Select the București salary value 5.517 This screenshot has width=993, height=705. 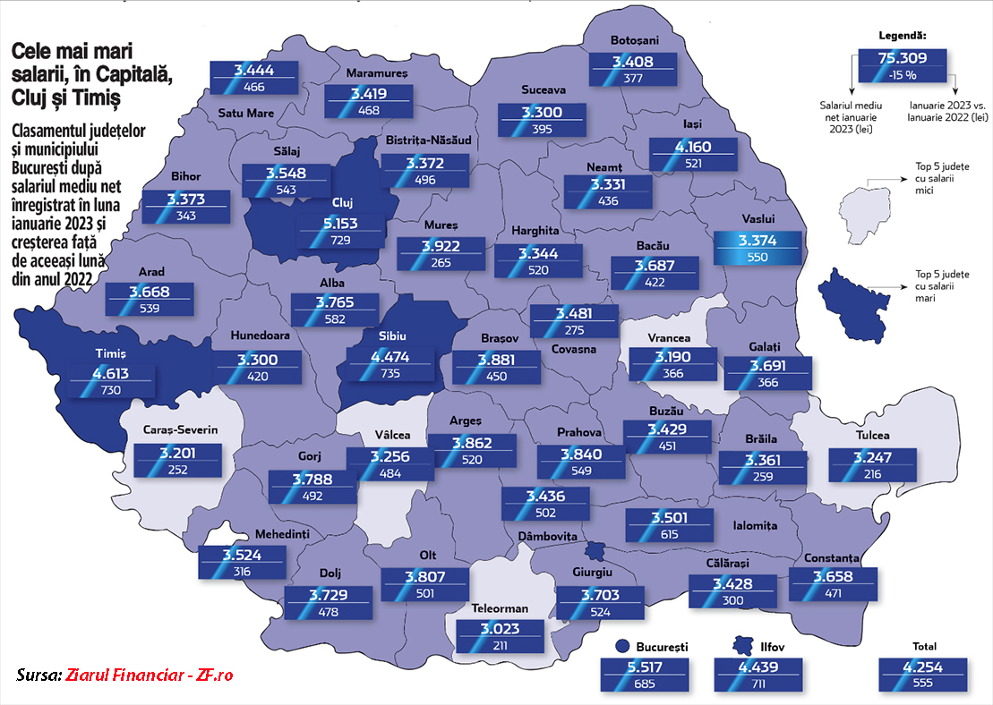coord(644,667)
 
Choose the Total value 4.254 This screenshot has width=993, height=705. coord(923,667)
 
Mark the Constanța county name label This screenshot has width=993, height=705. coord(832,557)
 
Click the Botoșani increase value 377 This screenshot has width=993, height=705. coord(633,78)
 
